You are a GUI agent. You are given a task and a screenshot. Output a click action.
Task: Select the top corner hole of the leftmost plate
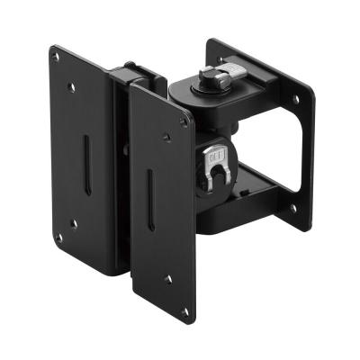click(58, 56)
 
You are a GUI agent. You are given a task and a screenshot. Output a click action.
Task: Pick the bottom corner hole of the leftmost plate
click(59, 238)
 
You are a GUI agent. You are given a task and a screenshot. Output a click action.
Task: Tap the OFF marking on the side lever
click(217, 156)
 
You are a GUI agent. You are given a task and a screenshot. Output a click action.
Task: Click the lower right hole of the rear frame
click(292, 208)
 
